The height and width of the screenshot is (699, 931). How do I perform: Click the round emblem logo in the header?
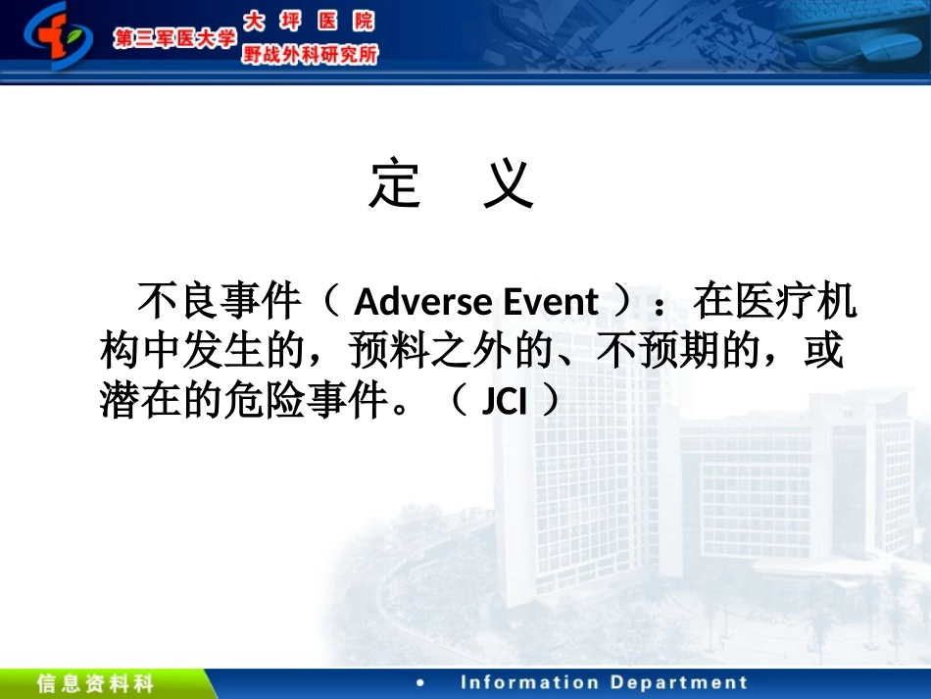click(x=59, y=37)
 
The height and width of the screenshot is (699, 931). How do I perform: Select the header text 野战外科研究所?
click(x=309, y=55)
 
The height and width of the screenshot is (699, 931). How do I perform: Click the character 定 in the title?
click(x=395, y=183)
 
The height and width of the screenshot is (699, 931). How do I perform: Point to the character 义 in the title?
click(x=509, y=183)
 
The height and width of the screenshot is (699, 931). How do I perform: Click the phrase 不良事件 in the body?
click(x=219, y=303)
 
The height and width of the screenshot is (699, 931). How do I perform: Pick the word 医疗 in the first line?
click(x=776, y=303)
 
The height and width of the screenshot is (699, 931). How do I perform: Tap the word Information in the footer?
click(x=526, y=683)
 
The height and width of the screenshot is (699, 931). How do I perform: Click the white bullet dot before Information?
click(x=420, y=683)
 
